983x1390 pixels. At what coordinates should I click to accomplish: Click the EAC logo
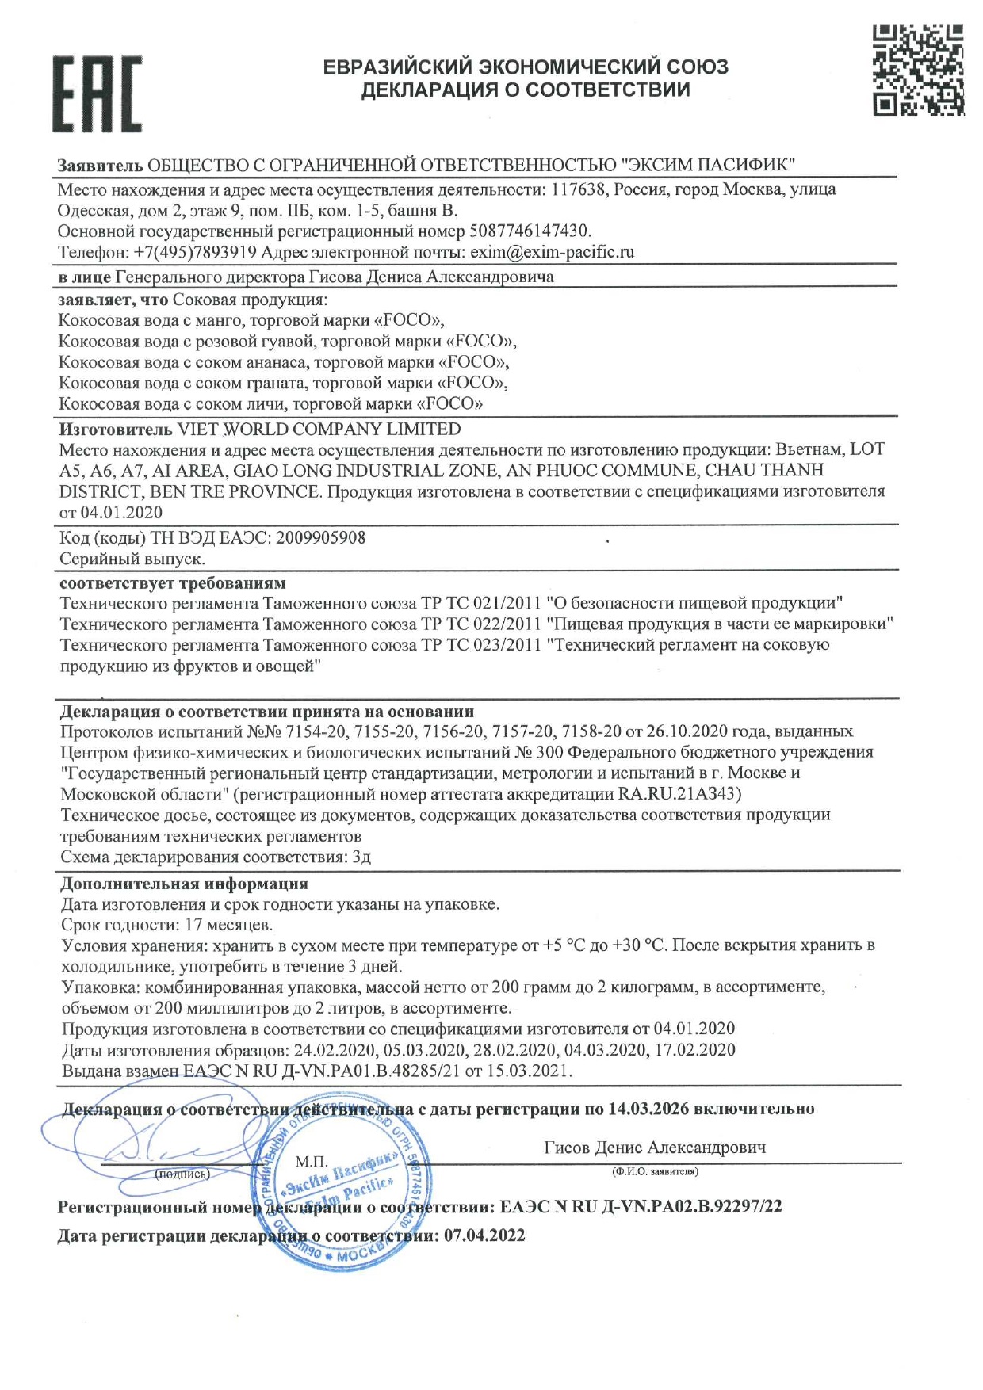(x=97, y=94)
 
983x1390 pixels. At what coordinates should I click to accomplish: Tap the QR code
(x=918, y=70)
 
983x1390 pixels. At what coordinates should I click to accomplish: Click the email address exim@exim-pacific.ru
(x=552, y=253)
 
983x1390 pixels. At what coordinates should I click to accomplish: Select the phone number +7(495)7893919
(x=195, y=253)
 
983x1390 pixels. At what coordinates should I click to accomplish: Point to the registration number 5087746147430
(x=530, y=231)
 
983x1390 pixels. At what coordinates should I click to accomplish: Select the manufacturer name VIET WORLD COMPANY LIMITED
(x=319, y=430)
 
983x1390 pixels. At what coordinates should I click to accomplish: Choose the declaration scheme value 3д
(x=361, y=857)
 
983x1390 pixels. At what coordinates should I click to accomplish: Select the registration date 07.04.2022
(x=484, y=1236)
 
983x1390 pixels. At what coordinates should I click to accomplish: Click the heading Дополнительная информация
(x=184, y=884)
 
